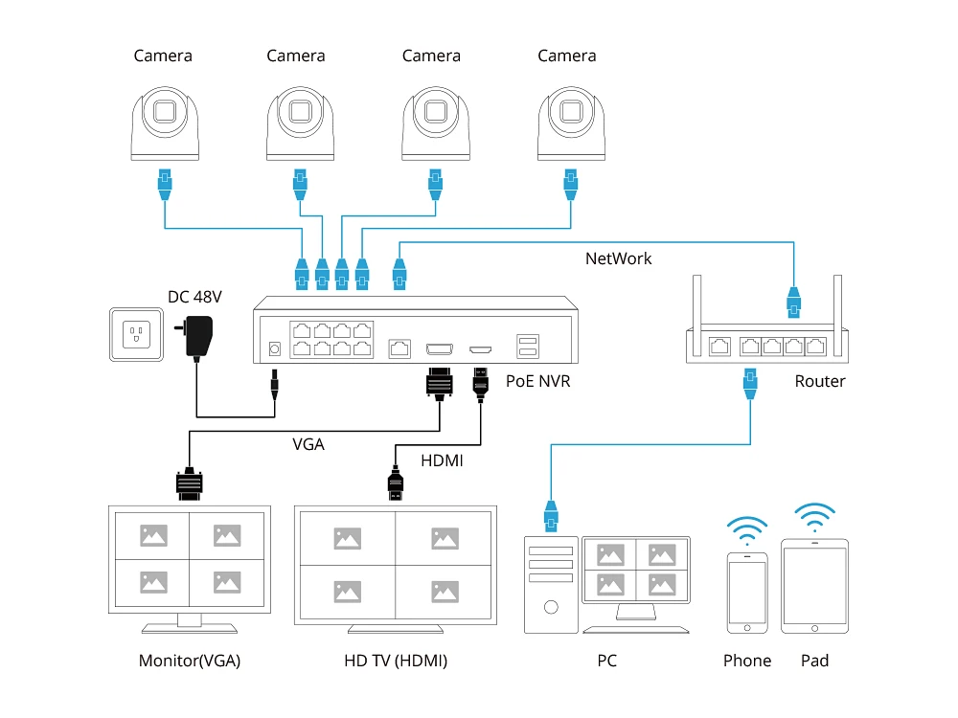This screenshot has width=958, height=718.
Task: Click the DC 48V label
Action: [x=194, y=296]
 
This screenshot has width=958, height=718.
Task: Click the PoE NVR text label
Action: [x=538, y=381]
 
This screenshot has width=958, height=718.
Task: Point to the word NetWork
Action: [x=618, y=258]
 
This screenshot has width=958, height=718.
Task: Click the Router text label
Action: [x=820, y=381]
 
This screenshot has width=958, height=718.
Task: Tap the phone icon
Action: [x=747, y=592]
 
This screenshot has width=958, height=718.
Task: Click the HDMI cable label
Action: [x=442, y=460]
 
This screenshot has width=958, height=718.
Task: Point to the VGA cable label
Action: [x=308, y=444]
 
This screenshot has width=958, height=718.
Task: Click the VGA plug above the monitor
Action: [x=190, y=482]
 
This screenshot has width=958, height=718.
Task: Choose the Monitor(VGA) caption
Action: [x=190, y=661]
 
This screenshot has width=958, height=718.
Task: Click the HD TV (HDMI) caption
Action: [x=396, y=661]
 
